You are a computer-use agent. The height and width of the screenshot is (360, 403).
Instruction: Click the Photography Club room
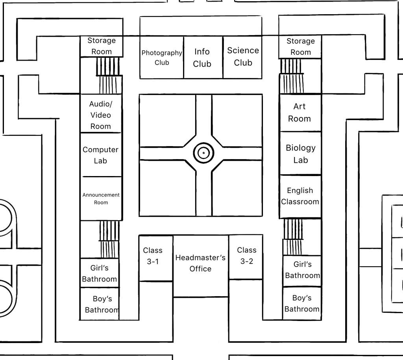162,58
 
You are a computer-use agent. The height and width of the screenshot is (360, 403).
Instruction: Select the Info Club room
202,58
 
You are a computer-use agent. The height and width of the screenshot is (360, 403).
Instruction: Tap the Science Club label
243,56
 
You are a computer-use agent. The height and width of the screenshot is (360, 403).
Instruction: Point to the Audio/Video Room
101,115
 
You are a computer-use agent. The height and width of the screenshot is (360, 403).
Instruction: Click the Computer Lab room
100,155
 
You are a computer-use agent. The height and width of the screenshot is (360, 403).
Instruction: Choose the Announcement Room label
101,199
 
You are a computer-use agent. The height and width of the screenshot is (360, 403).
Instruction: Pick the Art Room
299,113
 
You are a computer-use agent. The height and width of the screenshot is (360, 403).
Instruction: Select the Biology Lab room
300,154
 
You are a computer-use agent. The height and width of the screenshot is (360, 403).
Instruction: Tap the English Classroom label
300,196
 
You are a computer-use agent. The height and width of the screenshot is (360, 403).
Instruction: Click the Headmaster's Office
200,263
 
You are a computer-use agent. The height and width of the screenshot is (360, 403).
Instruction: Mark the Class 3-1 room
153,256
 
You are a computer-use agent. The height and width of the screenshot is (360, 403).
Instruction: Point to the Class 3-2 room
247,256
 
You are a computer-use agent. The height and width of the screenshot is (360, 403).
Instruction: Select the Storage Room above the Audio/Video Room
102,46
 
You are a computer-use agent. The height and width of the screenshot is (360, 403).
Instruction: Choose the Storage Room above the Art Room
300,46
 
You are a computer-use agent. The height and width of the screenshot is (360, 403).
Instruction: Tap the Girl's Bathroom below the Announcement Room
99,273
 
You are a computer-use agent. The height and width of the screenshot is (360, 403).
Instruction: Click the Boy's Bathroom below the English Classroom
302,303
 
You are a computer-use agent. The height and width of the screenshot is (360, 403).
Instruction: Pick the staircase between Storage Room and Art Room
292,76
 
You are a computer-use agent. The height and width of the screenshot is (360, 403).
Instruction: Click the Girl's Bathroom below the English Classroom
302,270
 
